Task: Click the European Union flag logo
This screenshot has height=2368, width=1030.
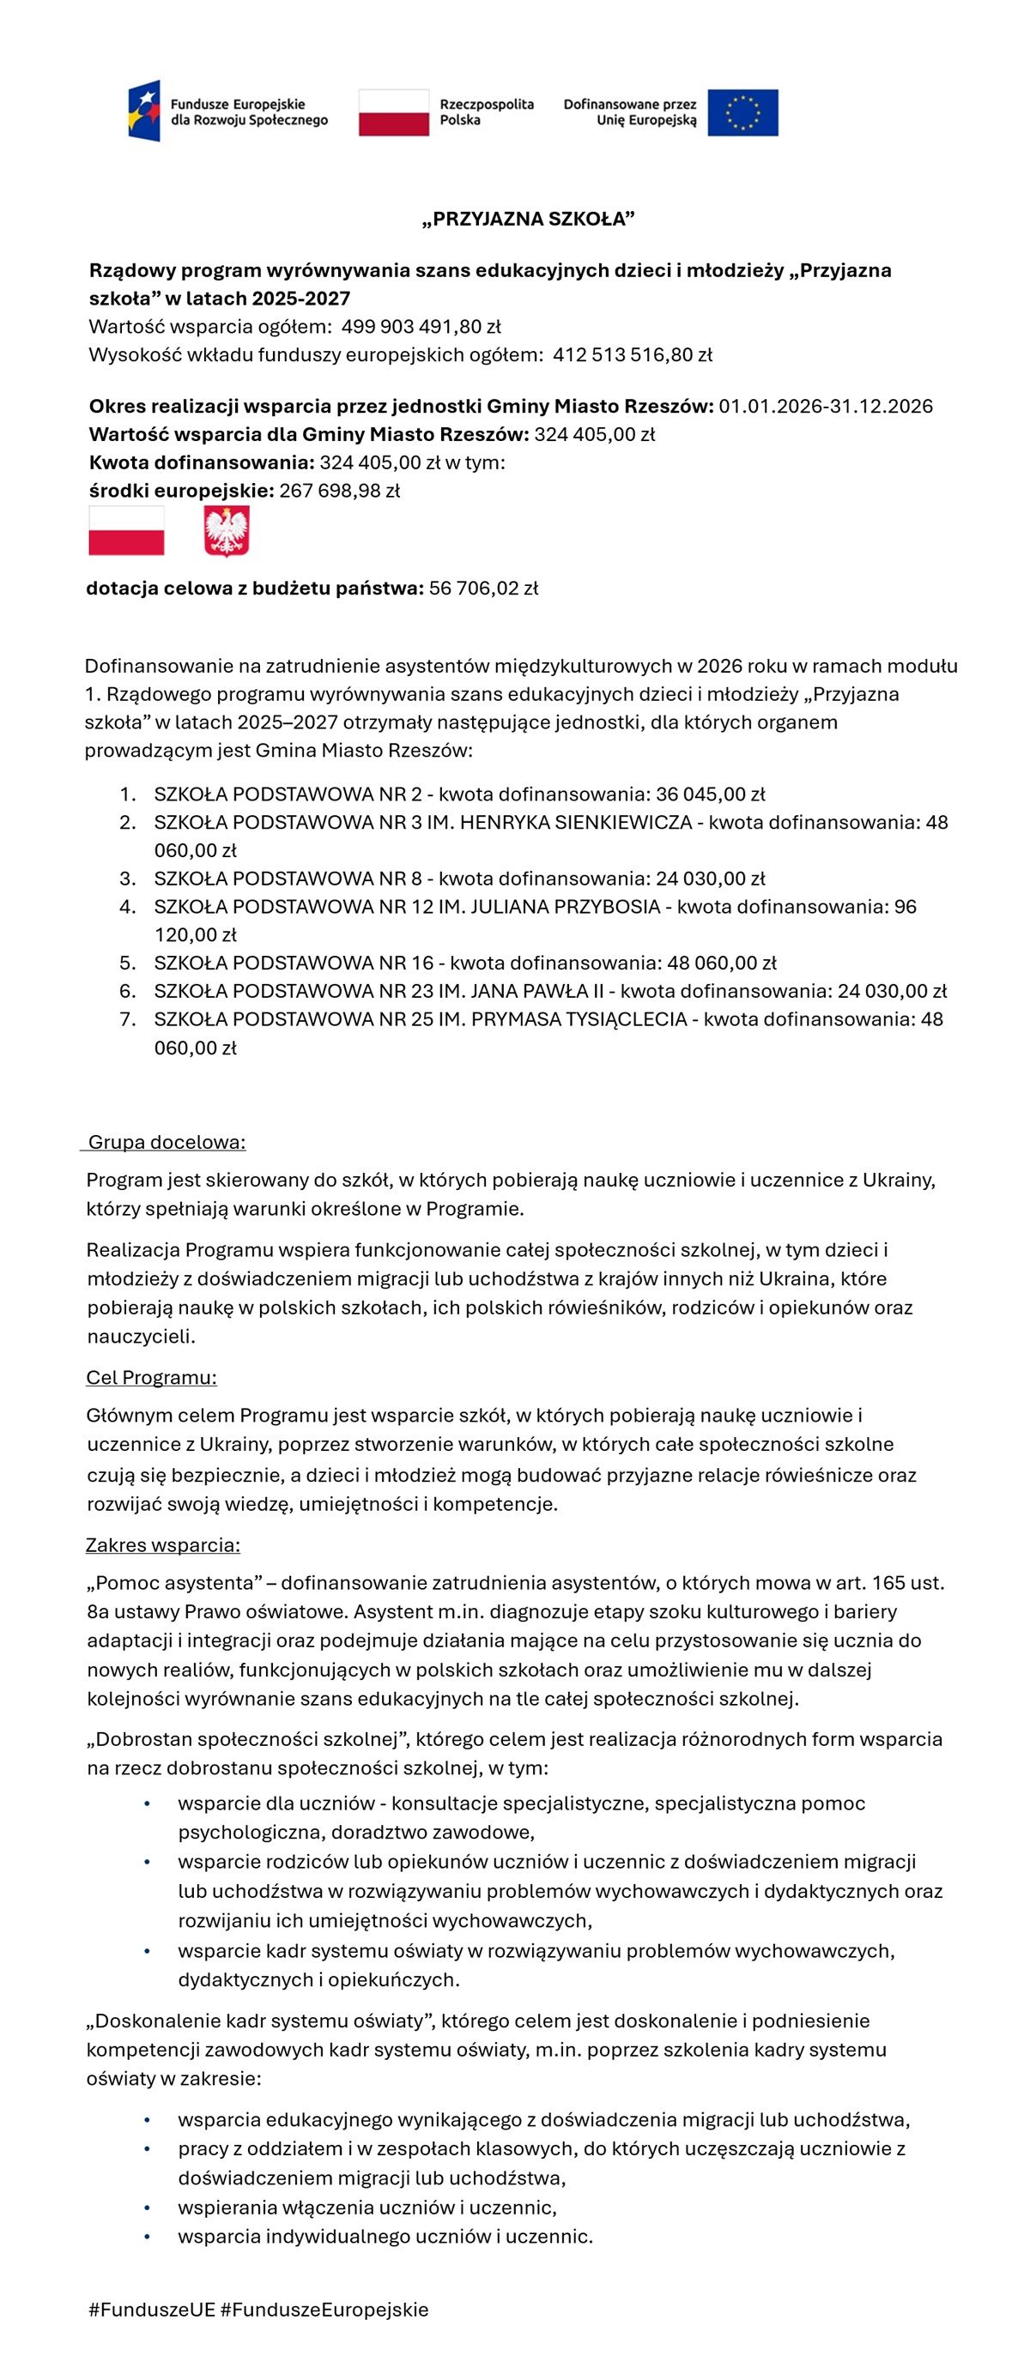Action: coord(742,113)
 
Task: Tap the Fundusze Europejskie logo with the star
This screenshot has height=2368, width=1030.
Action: coord(144,111)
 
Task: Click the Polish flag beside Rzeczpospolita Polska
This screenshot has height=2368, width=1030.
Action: coord(394,113)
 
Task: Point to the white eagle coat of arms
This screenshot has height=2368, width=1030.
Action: coord(227,532)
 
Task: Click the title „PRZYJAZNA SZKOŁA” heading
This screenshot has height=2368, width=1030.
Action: coord(529,219)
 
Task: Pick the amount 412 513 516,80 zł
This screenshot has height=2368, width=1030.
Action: coord(633,355)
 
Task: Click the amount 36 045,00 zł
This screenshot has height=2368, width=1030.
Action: coord(711,794)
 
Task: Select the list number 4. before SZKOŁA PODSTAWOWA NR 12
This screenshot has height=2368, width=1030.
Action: coord(128,908)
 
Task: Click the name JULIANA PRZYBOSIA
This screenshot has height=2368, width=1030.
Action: coord(565,908)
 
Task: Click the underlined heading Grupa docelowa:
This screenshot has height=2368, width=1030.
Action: coord(167,1143)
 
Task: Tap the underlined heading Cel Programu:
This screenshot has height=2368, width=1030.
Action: coord(152,1378)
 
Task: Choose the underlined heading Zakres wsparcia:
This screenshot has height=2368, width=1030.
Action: coord(163,1545)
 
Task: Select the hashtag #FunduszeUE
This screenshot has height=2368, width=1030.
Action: coord(151,2310)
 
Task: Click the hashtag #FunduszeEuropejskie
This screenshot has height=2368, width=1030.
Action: coord(324,2310)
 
